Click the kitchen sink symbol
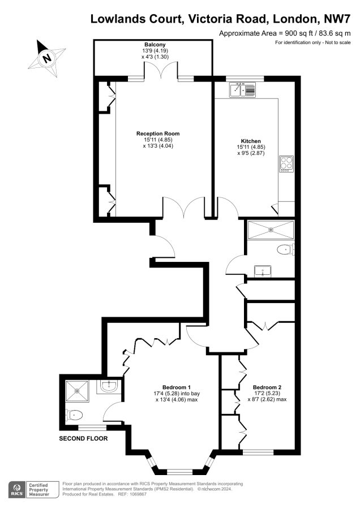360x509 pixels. pyautogui.click(x=242, y=90)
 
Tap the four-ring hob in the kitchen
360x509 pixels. pyautogui.click(x=286, y=164)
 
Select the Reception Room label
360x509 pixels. pyautogui.click(x=158, y=133)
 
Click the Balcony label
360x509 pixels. pyautogui.click(x=155, y=45)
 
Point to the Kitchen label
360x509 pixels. pyautogui.click(x=251, y=141)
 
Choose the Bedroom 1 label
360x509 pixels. pyautogui.click(x=177, y=387)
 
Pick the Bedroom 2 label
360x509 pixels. pyautogui.click(x=267, y=387)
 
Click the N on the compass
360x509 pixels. pyautogui.click(x=48, y=58)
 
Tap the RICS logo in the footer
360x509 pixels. pyautogui.click(x=16, y=490)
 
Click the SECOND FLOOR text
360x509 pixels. pyautogui.click(x=83, y=438)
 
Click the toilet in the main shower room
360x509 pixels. pyautogui.click(x=286, y=249)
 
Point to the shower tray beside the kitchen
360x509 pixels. pyautogui.click(x=271, y=230)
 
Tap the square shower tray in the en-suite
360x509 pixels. pyautogui.click(x=77, y=391)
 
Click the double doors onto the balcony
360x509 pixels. pyautogui.click(x=161, y=71)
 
